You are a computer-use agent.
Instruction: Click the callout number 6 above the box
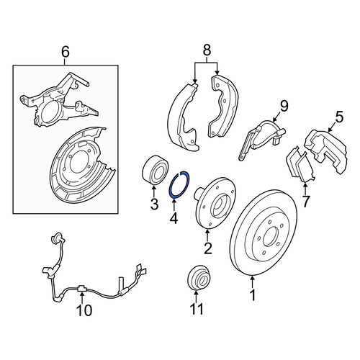pos(66,52)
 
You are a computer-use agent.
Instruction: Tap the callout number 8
pos(207,50)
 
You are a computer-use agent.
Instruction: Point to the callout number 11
pos(197,309)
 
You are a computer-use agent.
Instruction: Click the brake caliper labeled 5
pos(325,150)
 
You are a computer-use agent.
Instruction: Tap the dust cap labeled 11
pos(198,278)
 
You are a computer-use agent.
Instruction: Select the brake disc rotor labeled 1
pos(264,233)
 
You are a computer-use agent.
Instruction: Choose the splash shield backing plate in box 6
pos(81,166)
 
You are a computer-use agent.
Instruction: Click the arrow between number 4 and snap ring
pos(174,204)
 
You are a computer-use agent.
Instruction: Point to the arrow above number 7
pos(305,189)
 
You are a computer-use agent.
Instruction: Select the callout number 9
pos(284,106)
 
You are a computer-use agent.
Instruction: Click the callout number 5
pos(340,117)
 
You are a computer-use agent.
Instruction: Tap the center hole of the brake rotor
pos(271,236)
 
